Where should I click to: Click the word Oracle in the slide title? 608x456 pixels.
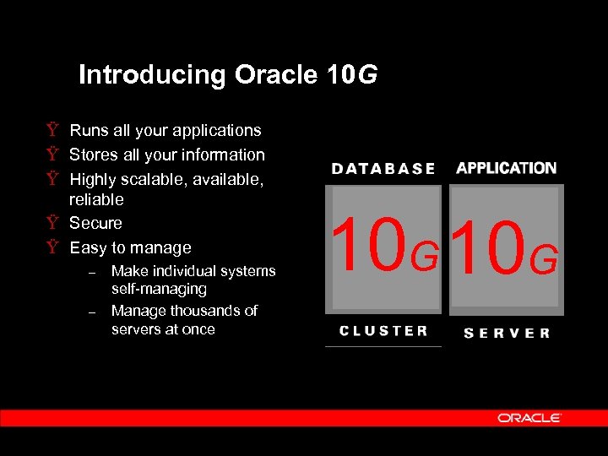[x=276, y=75]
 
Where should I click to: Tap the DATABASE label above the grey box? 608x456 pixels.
[x=383, y=169]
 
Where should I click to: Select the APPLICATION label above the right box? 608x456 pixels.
[x=506, y=168]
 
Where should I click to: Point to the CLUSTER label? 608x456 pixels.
[x=383, y=331]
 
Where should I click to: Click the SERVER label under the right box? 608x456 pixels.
[x=507, y=333]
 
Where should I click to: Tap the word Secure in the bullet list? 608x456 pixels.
[x=95, y=223]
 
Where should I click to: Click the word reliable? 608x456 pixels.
[x=96, y=199]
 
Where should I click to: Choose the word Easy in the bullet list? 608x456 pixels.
[x=89, y=247]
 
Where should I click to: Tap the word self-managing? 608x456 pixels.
[x=159, y=289]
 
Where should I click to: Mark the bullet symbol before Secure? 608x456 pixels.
[x=53, y=223]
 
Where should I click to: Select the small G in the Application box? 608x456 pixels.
[x=545, y=259]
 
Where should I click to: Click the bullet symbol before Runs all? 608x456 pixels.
[x=53, y=130]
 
